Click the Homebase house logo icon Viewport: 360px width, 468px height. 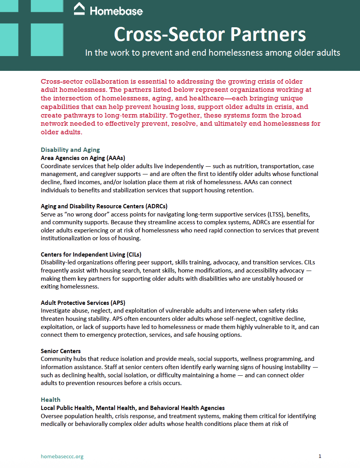point(79,9)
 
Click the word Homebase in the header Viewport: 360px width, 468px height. point(116,11)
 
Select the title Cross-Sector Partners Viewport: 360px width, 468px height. point(210,34)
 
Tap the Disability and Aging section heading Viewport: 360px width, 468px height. point(70,150)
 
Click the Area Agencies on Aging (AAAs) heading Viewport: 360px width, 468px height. point(83,158)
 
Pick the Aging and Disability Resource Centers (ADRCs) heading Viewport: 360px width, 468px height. point(104,206)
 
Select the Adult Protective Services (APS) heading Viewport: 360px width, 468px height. point(83,303)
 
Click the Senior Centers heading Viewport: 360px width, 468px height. point(61,351)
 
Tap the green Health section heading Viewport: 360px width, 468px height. point(51,399)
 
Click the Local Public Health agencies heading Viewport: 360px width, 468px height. point(132,408)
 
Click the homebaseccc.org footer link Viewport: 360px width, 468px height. point(62,456)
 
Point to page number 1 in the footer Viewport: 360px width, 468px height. point(320,456)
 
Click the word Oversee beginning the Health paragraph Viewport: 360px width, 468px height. point(53,416)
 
